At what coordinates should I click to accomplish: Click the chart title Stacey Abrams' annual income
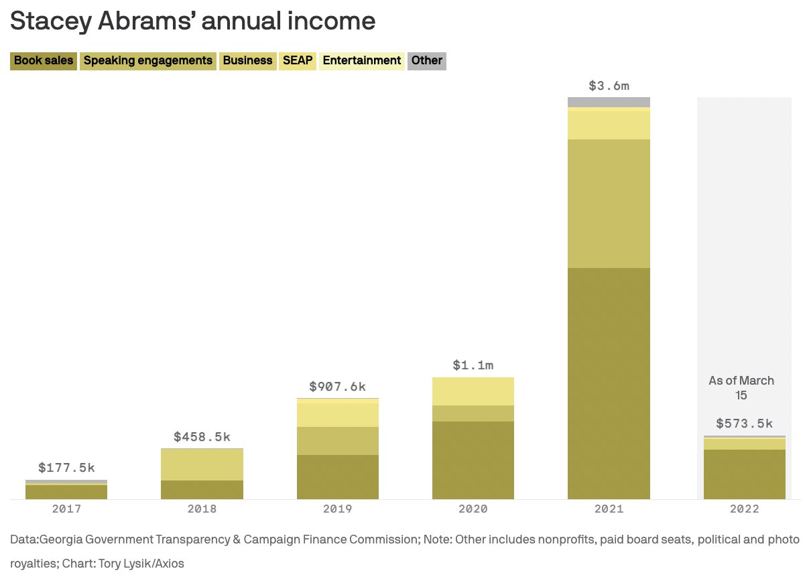click(192, 21)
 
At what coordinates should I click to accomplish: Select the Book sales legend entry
click(43, 60)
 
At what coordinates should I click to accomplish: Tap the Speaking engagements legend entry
click(147, 60)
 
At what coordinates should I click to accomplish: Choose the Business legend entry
click(247, 60)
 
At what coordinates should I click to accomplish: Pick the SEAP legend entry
click(298, 60)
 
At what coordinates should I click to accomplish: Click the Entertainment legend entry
click(362, 60)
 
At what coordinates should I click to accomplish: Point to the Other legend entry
click(426, 60)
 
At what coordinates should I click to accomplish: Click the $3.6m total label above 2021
click(609, 86)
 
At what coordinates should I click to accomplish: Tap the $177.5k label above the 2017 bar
click(66, 468)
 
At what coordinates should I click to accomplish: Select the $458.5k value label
click(202, 437)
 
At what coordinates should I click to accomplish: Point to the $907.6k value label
click(337, 387)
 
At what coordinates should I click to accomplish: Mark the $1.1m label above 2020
click(473, 365)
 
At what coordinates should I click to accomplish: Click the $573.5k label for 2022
click(744, 424)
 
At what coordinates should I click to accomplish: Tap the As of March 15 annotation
click(741, 388)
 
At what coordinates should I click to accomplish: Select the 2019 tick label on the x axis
click(337, 509)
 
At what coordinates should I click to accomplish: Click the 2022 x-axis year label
click(744, 509)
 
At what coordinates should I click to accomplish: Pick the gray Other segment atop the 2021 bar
click(609, 102)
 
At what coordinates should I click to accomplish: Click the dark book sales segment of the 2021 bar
click(609, 382)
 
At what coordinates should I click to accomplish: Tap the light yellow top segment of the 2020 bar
click(473, 391)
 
